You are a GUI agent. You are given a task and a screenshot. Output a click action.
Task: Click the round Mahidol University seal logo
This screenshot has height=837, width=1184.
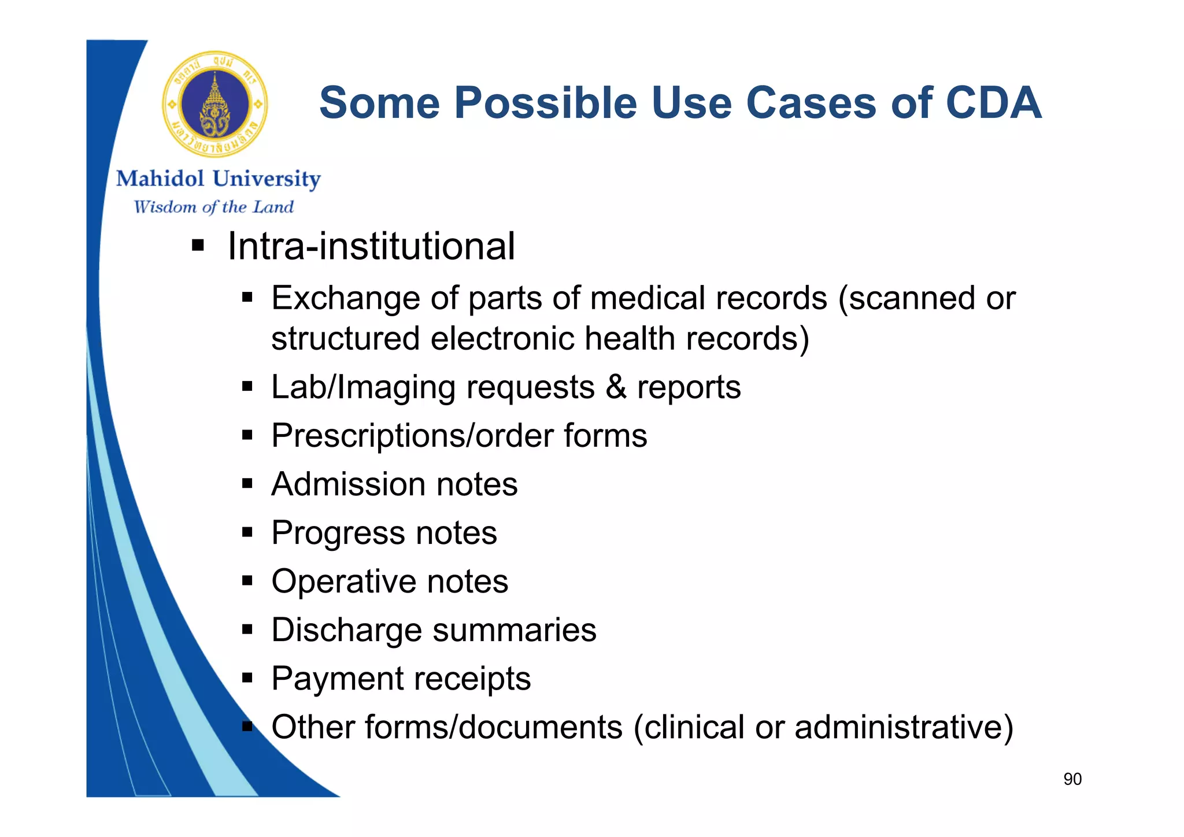pyautogui.click(x=215, y=105)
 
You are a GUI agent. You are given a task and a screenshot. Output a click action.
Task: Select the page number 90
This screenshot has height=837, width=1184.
pyautogui.click(x=1072, y=779)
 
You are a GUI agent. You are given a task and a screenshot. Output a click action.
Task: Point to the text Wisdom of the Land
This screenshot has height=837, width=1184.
pyautogui.click(x=213, y=207)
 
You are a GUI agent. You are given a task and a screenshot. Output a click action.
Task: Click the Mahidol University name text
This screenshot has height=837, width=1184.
pyautogui.click(x=218, y=179)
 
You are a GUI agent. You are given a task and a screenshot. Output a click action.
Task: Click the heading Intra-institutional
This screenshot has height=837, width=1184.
pyautogui.click(x=371, y=246)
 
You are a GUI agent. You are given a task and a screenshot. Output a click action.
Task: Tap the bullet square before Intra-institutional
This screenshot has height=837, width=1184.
pyautogui.click(x=198, y=246)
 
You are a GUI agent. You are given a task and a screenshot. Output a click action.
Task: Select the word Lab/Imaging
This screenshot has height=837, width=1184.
pyautogui.click(x=363, y=387)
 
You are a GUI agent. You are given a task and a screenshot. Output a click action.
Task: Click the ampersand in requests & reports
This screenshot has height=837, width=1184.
pyautogui.click(x=616, y=387)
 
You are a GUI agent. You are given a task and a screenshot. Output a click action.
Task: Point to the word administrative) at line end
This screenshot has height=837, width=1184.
pyautogui.click(x=904, y=727)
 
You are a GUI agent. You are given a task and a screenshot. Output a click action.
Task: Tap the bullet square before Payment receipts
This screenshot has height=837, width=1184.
pyautogui.click(x=247, y=677)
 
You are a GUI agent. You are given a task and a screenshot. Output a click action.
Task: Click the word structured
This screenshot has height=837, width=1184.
pyautogui.click(x=345, y=338)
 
